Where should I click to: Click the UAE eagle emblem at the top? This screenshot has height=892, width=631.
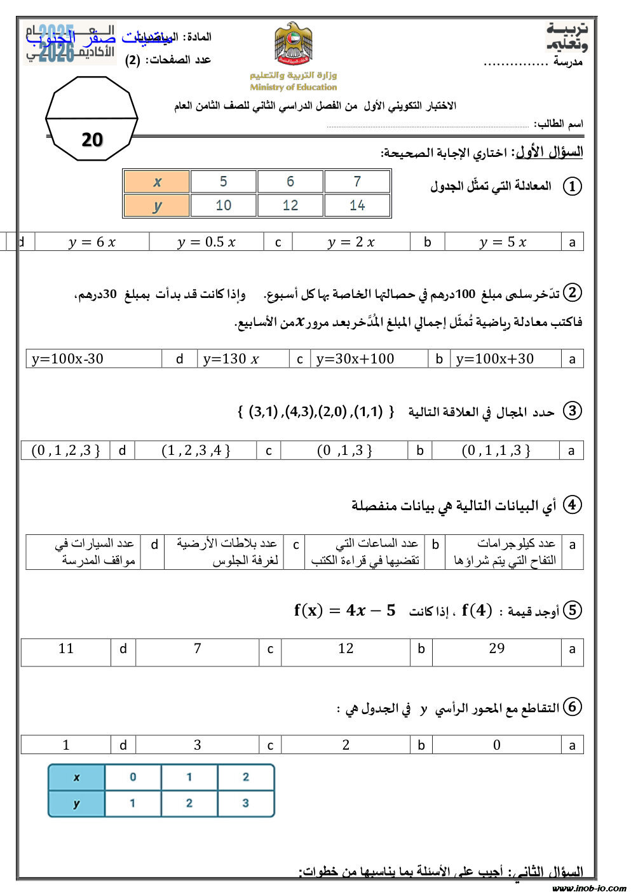(x=293, y=44)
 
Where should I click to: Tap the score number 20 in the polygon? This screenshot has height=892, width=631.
(x=92, y=140)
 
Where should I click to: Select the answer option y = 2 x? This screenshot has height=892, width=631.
(x=351, y=242)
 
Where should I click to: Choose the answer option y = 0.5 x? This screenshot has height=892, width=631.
(x=207, y=242)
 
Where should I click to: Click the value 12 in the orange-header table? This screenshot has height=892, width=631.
(x=290, y=205)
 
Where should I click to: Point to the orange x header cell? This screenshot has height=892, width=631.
(x=157, y=182)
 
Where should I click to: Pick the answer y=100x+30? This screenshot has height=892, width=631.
(x=495, y=359)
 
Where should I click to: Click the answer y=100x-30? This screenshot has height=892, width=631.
(x=67, y=359)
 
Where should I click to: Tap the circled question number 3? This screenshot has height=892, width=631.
(x=572, y=410)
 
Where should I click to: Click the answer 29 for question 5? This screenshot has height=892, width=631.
(x=497, y=649)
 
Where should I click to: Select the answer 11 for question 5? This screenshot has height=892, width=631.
(x=66, y=649)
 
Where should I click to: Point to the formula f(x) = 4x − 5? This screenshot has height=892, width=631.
(x=344, y=611)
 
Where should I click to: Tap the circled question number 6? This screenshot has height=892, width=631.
(x=572, y=706)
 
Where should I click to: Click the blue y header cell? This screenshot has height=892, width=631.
(x=76, y=804)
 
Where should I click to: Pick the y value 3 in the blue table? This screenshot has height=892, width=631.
(x=245, y=804)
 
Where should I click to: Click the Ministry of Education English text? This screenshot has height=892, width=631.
(x=293, y=87)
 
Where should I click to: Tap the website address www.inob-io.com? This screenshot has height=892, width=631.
(x=589, y=888)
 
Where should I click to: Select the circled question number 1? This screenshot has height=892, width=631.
(x=572, y=186)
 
